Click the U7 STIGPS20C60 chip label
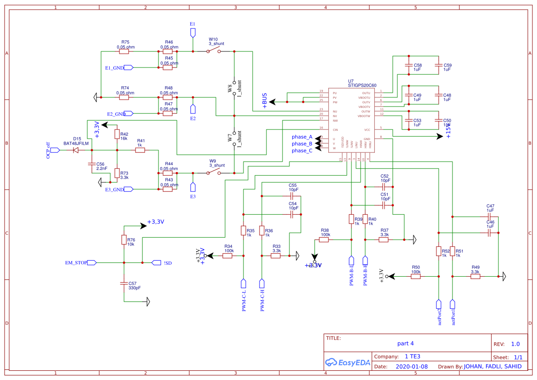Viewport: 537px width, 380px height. coord(362,83)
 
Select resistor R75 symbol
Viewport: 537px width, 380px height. coord(124,51)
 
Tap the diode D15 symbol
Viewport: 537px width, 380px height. coord(77,150)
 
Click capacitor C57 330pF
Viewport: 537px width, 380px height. coord(124,283)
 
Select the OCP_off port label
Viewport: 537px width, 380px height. coord(48,150)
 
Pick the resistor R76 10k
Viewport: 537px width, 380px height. coord(124,240)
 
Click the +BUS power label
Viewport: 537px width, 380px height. coord(265,101)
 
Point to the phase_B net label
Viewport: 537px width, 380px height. coord(302,144)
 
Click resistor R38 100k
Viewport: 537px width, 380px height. coord(324,240)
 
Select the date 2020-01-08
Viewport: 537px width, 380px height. coord(412,367)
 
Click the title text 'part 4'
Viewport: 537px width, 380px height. coord(406,343)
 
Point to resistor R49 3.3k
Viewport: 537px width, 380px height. coord(475,276)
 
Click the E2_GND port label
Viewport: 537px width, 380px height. coord(116,113)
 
